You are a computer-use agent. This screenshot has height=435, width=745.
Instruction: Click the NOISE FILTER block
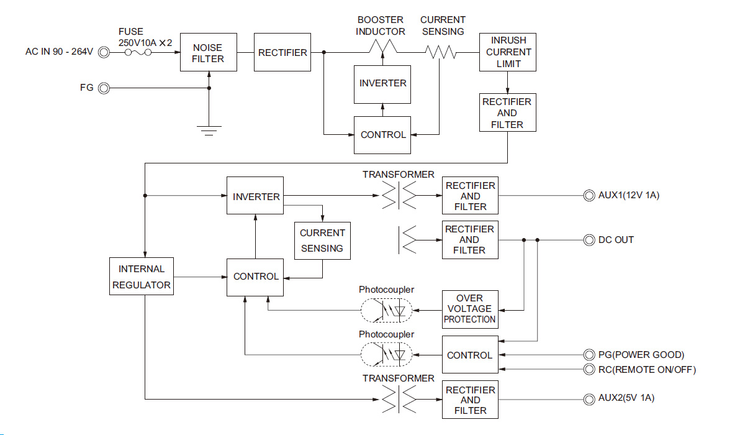click(208, 52)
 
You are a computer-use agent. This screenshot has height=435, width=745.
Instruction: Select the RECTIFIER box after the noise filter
click(282, 52)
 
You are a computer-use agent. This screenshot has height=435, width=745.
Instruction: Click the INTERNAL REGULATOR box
click(142, 277)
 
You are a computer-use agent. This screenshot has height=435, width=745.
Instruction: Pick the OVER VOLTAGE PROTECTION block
click(470, 309)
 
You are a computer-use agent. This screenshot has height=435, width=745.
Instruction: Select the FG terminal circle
click(104, 88)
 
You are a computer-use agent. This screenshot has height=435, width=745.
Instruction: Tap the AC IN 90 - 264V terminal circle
click(104, 53)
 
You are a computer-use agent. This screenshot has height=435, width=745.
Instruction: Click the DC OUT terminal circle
click(587, 240)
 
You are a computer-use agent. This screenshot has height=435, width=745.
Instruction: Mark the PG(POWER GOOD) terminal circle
click(587, 355)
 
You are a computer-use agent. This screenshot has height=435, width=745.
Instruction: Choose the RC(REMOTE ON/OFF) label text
click(648, 370)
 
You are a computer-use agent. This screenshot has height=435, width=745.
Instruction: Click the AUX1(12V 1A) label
click(629, 196)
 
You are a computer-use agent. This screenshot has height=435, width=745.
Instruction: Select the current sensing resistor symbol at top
click(441, 53)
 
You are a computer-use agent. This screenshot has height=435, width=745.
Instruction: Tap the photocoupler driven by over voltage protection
click(386, 309)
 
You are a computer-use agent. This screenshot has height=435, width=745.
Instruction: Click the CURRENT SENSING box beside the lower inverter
click(322, 240)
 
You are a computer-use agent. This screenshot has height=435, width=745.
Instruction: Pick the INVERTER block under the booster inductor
click(382, 83)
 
